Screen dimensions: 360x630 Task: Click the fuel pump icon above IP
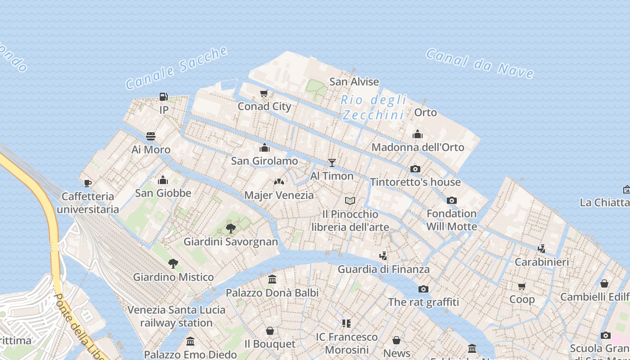[x=163, y=96]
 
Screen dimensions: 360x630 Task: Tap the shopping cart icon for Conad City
[x=264, y=94]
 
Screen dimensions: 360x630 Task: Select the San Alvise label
[x=354, y=82]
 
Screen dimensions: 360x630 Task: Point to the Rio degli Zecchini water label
[x=373, y=108]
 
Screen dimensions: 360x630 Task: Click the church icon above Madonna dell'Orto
[x=418, y=134]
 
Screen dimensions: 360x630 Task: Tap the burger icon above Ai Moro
[x=151, y=136]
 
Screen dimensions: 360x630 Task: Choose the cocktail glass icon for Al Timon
[x=332, y=163]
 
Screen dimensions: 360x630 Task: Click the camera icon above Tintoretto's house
[x=415, y=169]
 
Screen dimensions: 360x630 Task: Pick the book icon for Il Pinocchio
[x=350, y=201]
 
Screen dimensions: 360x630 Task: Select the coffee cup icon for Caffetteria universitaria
[x=88, y=183]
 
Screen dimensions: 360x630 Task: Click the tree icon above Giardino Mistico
[x=173, y=264]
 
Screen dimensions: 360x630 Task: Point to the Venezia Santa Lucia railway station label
[x=176, y=316]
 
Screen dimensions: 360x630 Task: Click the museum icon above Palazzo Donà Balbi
[x=272, y=279]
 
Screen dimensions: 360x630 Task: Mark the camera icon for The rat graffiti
[x=423, y=289]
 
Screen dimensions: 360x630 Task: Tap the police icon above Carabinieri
[x=542, y=248]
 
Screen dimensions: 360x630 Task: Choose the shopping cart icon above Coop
[x=522, y=286]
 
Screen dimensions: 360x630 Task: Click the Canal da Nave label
[x=480, y=63]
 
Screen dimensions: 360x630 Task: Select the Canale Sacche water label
[x=176, y=68]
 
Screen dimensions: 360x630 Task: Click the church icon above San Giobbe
[x=163, y=180]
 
